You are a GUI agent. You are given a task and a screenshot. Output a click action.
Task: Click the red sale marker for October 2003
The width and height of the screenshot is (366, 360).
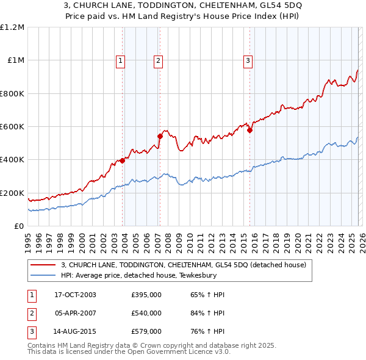coord(123,160)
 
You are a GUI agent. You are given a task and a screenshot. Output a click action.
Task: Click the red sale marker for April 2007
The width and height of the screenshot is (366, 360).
coord(160,137)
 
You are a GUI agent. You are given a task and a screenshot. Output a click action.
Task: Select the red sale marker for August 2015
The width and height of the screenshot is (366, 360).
coord(249,130)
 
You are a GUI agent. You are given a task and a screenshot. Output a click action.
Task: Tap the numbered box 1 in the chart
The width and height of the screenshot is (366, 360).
coord(121,60)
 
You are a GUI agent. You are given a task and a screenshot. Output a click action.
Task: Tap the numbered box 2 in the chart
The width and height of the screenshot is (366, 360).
coord(158,60)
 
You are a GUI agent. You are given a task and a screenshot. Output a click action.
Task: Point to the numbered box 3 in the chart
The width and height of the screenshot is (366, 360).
coord(248,60)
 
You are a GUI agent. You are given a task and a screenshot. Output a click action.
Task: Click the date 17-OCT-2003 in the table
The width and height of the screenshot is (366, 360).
coord(75,295)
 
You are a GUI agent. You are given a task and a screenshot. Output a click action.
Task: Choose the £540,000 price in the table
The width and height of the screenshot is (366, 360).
coord(146,313)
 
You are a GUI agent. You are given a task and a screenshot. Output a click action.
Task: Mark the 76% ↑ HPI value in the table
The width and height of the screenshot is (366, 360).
coord(208,331)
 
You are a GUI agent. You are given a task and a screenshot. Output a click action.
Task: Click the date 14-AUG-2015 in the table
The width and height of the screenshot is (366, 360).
coord(75,331)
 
